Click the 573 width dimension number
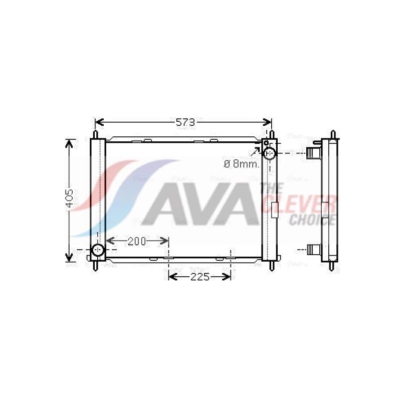point(183,122)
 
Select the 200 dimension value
point(136,242)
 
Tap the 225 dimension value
point(199,277)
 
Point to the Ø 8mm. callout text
point(241,163)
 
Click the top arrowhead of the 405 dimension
point(70,143)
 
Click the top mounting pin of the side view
point(333,135)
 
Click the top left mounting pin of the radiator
point(95,135)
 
